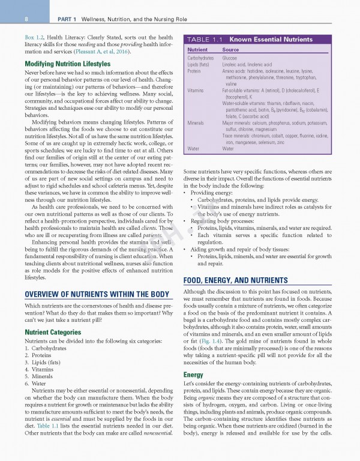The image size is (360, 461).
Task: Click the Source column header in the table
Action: (x=230, y=49)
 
